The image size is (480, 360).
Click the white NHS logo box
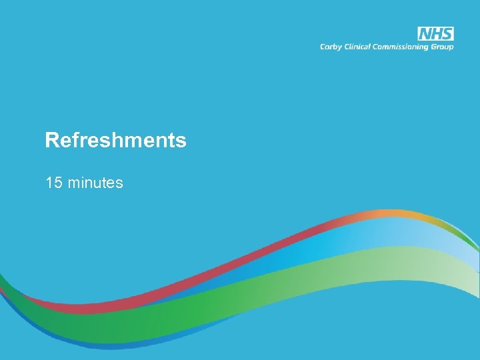point(435,34)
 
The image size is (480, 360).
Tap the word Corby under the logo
point(329,47)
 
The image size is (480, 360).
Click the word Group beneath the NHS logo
point(443,47)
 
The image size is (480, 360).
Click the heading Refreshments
point(115,141)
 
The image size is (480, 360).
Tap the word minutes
point(95,182)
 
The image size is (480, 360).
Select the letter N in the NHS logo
point(425,34)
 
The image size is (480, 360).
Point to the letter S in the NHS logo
point(447,34)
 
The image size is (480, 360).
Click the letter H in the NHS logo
point(436,34)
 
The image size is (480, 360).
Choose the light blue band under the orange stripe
point(400,230)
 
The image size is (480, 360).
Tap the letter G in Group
point(435,47)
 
